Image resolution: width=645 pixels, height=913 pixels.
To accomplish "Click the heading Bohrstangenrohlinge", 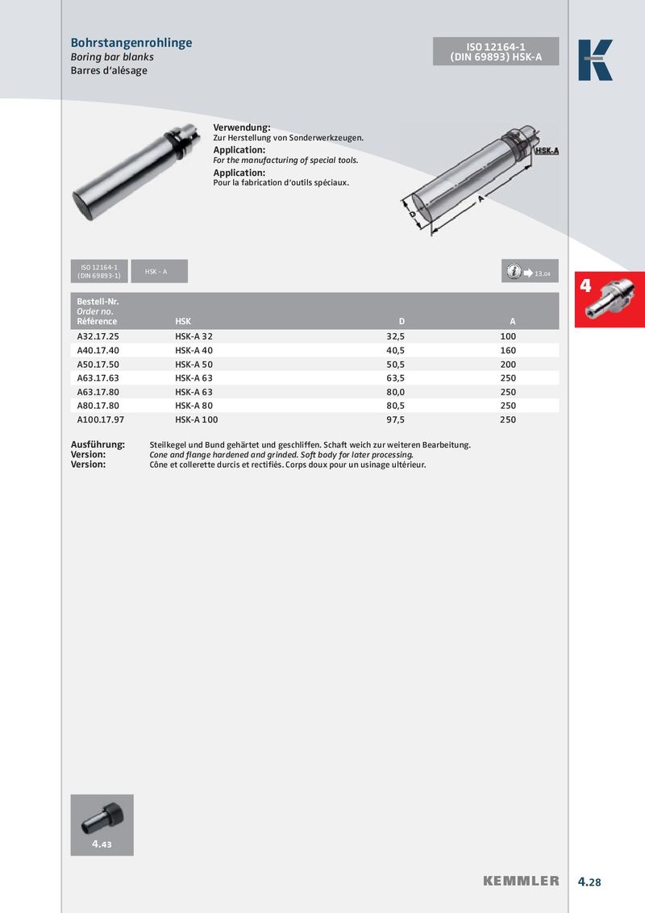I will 131,43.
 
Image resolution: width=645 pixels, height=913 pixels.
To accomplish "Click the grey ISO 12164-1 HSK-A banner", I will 496,51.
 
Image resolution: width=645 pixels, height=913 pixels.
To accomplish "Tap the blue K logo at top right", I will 595,60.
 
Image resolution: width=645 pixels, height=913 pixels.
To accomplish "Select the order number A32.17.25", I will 98,336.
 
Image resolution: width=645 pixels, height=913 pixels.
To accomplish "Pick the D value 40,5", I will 395,351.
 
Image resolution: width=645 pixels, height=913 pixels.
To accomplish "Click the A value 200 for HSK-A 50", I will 508,365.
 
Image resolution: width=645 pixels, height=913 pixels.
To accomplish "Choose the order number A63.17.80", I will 98,392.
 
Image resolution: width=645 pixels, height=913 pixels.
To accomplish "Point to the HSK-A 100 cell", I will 196,420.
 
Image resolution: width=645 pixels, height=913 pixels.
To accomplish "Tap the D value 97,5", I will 395,420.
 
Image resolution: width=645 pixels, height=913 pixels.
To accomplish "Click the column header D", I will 402,322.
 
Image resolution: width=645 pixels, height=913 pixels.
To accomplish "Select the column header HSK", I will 183,322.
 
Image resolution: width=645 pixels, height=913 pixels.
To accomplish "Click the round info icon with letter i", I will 514,272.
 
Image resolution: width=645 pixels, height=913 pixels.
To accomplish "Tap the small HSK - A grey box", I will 156,272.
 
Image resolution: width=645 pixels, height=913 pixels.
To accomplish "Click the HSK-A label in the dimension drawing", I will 547,151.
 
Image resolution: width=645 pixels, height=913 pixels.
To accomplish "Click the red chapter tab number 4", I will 586,286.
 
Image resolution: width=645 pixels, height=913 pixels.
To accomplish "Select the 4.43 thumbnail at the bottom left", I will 102,824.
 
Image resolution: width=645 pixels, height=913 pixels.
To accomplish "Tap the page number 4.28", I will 589,882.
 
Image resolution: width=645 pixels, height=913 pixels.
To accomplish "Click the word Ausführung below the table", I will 98,445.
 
